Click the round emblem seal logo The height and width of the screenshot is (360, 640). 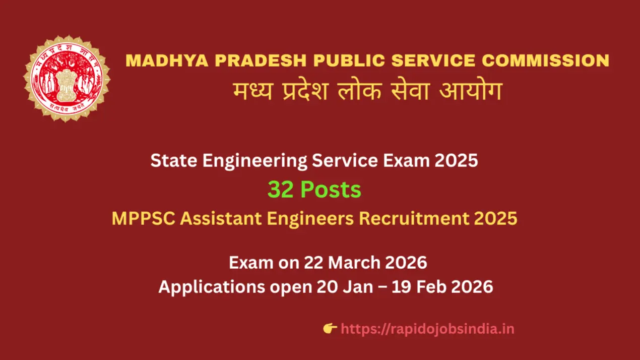pos(67,78)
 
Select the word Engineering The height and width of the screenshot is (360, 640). pos(254,161)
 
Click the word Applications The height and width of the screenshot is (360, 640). pos(211,287)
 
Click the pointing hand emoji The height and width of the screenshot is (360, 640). pos(330,329)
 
